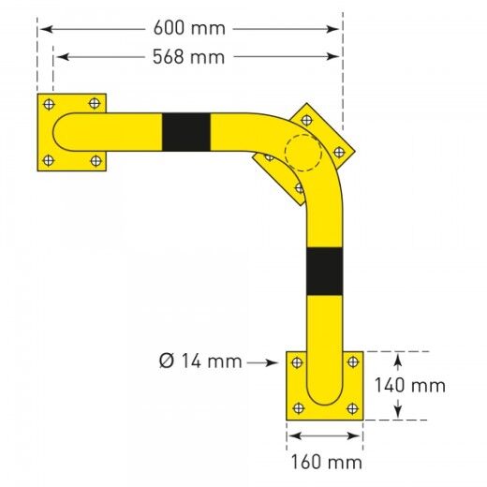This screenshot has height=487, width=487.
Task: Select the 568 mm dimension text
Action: coord(189,57)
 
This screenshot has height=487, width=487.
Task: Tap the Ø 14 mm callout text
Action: coord(200,361)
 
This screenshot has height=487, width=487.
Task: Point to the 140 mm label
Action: coord(409,385)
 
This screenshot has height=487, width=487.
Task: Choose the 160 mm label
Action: coord(325,462)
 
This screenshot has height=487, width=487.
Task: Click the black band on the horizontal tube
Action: coord(185,132)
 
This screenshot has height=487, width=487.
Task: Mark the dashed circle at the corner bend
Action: coord(302,153)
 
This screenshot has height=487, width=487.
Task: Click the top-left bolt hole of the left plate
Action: coord(50,103)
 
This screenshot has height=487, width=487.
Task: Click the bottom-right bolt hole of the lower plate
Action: coord(351,407)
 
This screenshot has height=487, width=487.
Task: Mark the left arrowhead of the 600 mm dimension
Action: coord(43,29)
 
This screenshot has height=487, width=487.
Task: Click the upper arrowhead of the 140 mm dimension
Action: coord(398,357)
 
